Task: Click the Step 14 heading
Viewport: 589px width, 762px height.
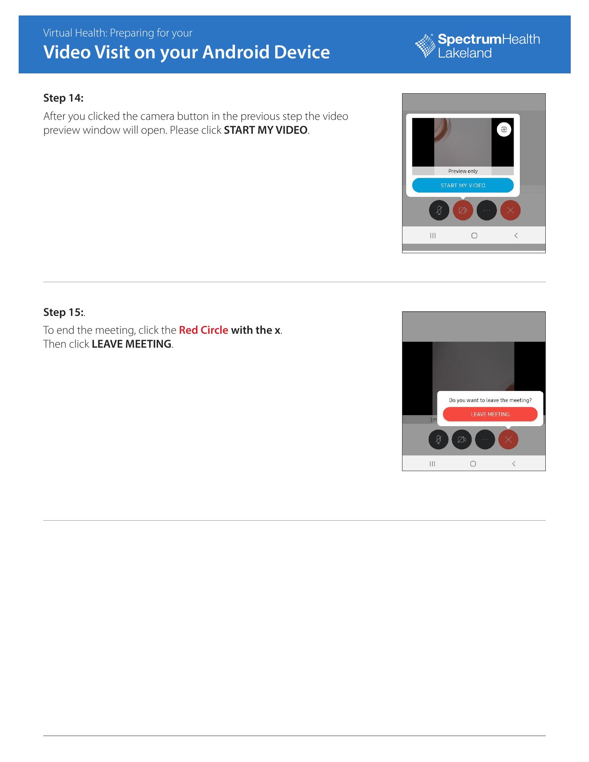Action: [64, 98]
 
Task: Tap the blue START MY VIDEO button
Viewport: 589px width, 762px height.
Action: [463, 185]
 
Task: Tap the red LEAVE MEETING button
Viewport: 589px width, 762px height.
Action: [490, 414]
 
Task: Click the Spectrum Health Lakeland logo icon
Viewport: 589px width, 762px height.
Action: [425, 46]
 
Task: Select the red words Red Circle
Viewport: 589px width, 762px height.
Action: [204, 330]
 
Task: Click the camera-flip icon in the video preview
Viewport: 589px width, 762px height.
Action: [504, 129]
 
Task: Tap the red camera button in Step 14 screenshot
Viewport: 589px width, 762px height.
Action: [463, 210]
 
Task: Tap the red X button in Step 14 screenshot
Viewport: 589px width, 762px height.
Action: [510, 210]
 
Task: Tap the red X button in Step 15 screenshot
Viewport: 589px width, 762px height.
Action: [508, 440]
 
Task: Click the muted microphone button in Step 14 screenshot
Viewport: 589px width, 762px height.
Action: [439, 210]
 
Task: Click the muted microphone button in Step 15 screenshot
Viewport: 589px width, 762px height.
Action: [439, 440]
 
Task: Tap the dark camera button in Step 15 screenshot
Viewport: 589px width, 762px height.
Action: [462, 440]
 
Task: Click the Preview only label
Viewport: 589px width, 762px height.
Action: [463, 171]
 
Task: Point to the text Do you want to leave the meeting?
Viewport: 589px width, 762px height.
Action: [490, 400]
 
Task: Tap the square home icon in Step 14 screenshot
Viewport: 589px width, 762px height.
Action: [474, 236]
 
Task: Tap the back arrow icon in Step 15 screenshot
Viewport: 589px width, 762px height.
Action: [514, 464]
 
